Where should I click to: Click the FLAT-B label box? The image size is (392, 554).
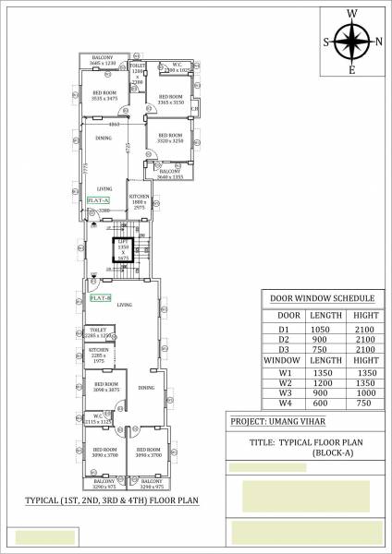99,298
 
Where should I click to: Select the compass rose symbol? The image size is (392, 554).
352,41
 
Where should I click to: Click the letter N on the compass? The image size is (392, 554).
377,41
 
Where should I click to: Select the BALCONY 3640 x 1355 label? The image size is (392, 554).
169,173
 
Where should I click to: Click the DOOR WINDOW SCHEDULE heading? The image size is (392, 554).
321,299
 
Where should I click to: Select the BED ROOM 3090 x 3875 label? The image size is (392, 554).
106,386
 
